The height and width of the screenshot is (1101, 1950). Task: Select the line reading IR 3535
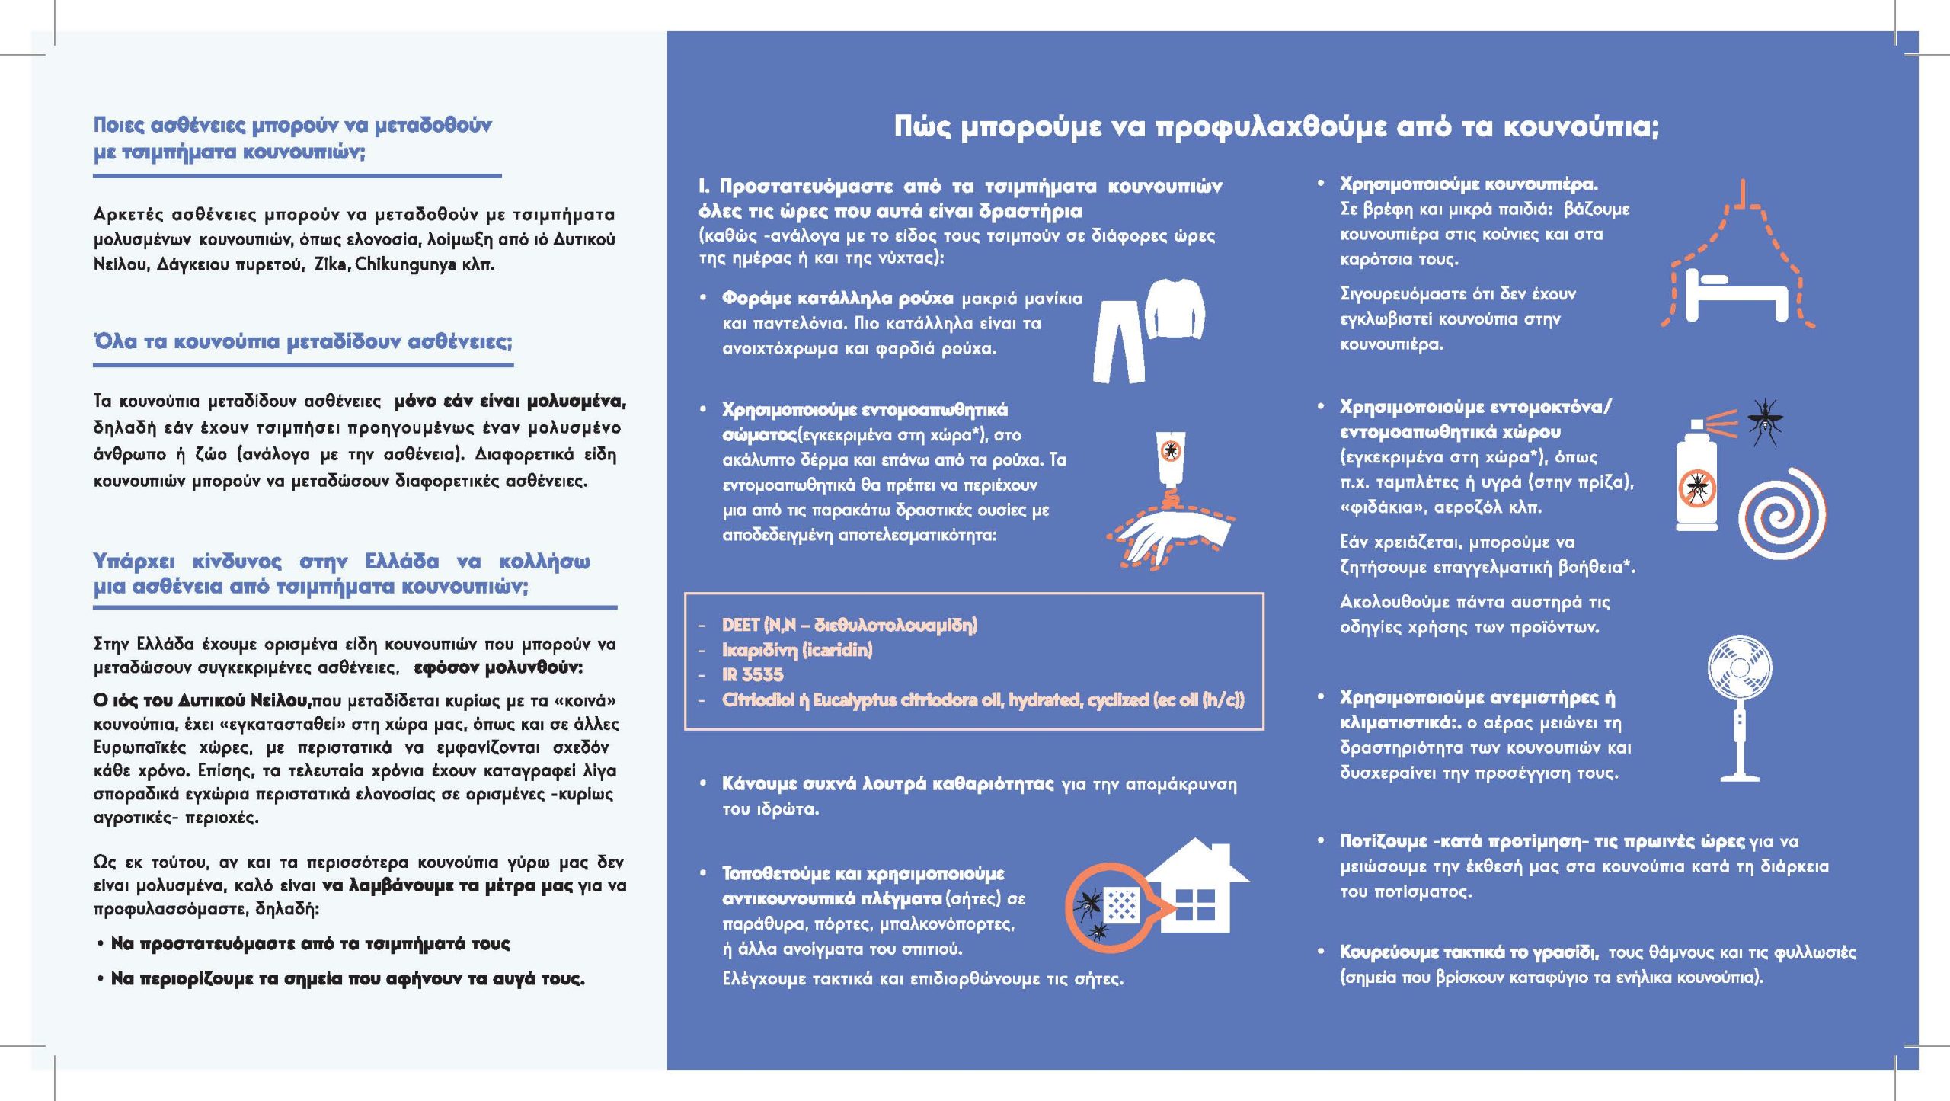pyautogui.click(x=742, y=675)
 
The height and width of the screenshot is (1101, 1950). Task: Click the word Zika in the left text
pyautogui.click(x=331, y=265)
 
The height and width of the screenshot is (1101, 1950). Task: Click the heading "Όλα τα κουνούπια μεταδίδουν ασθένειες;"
pyautogui.click(x=303, y=342)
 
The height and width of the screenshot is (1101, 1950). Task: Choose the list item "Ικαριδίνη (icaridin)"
pyautogui.click(x=798, y=650)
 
